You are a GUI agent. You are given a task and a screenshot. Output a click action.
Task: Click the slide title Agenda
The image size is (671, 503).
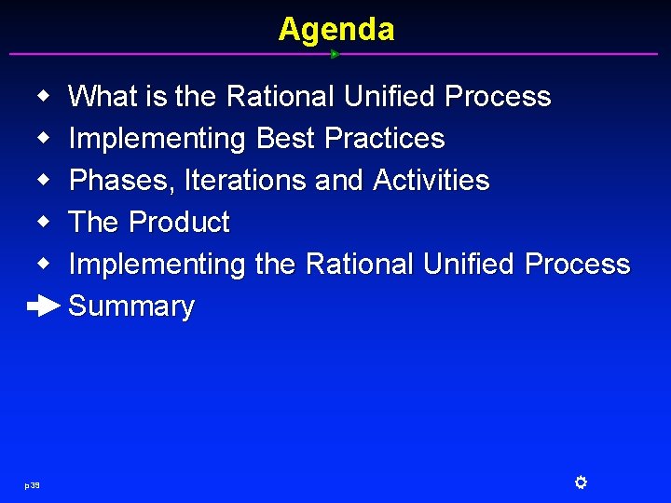pos(335,29)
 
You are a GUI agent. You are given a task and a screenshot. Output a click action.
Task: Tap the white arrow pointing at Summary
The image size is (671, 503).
pos(44,306)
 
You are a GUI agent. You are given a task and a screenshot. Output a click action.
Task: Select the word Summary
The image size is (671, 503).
pos(131,306)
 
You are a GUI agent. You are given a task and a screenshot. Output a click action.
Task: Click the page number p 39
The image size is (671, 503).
pos(32,484)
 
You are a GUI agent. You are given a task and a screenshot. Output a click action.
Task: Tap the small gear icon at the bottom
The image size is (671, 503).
pos(580,482)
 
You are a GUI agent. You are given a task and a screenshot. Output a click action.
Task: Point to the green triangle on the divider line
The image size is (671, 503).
pos(335,54)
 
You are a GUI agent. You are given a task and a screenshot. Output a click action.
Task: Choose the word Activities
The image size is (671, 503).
pos(431,181)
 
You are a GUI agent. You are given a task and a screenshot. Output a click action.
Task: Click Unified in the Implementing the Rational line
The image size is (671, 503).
pos(469,265)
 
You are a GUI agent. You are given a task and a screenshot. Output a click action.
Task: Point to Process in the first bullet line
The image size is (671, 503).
pos(498,97)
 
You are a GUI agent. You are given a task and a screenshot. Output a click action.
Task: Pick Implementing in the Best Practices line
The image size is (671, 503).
pos(157,139)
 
